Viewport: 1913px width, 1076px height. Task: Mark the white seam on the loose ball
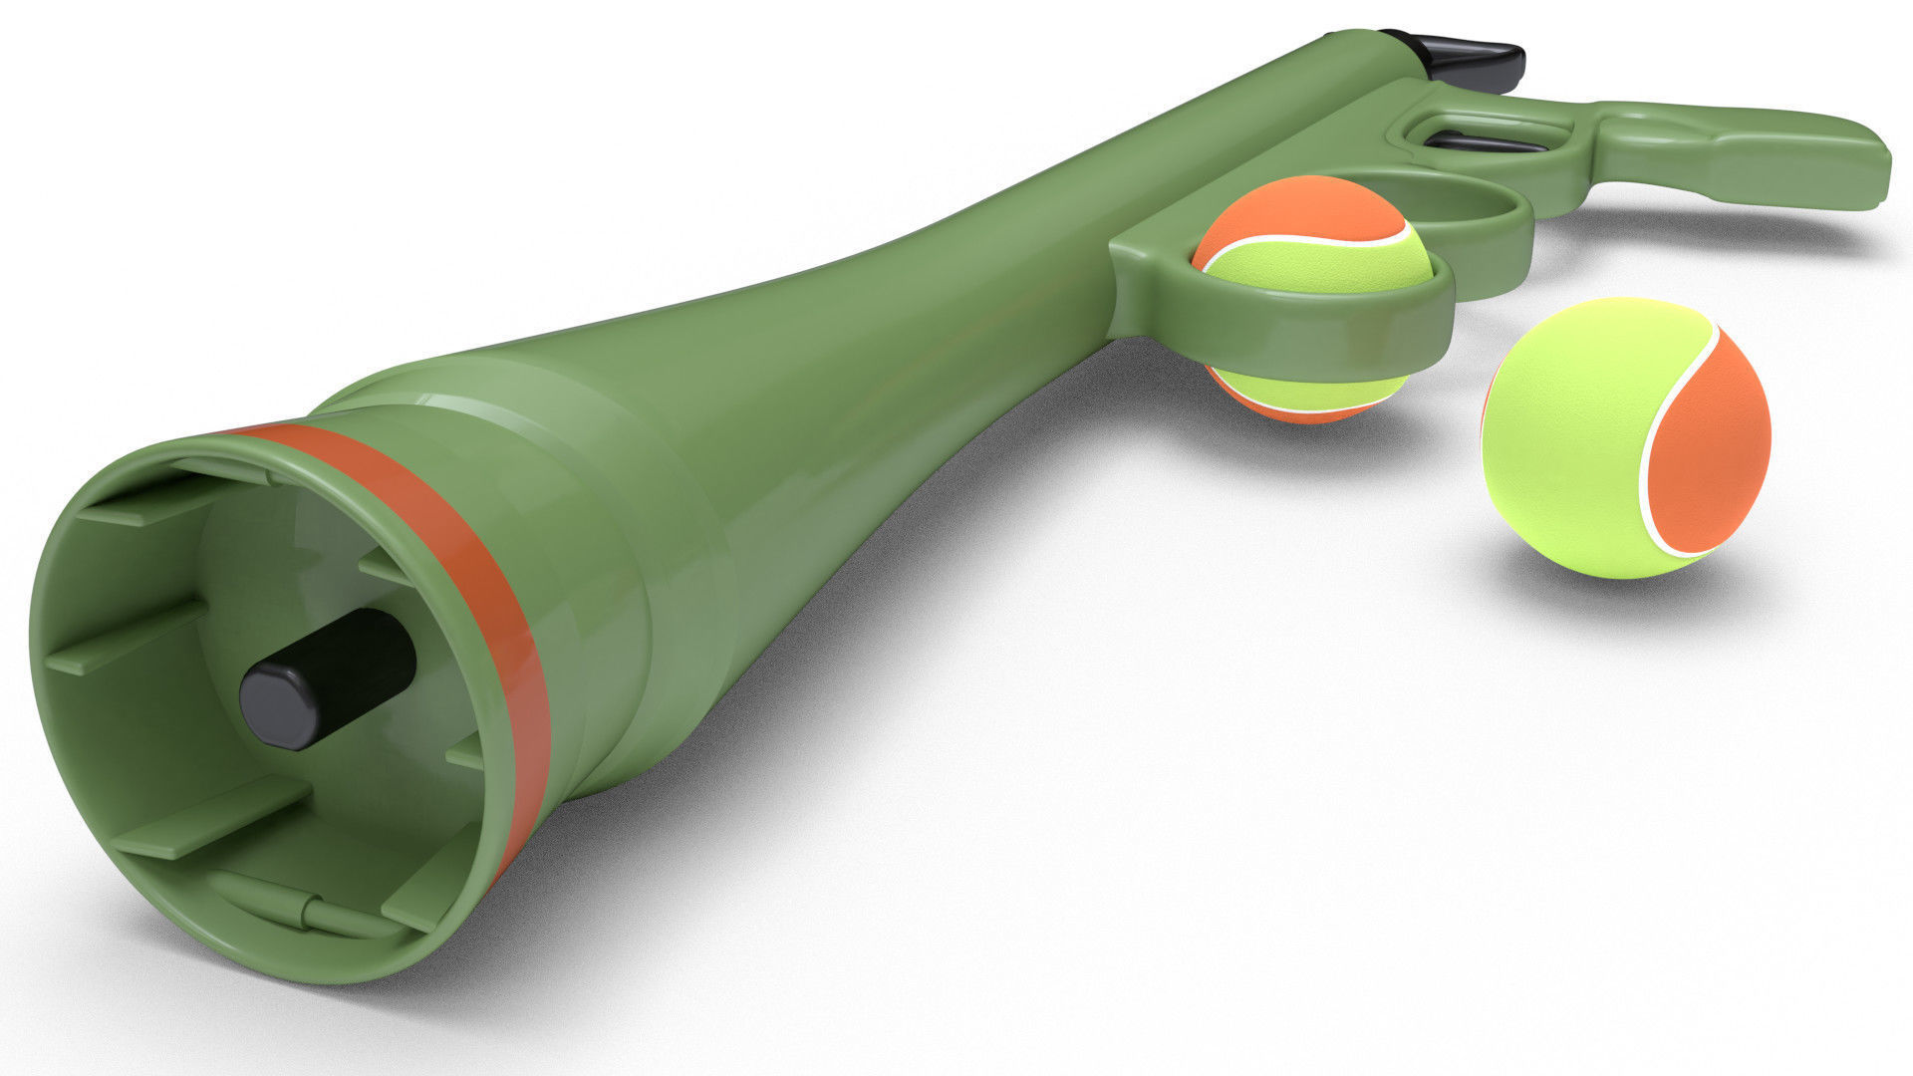point(1654,438)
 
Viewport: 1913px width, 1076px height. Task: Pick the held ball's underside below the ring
point(1305,394)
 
